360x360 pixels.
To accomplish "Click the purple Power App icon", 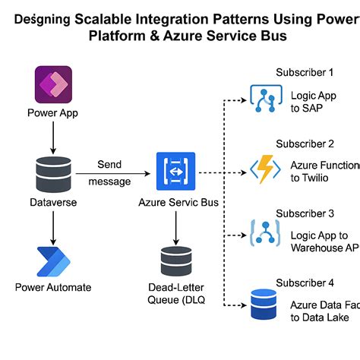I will (53, 84).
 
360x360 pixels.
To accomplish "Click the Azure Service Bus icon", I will (175, 172).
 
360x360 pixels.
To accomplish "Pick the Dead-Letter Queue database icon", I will (175, 261).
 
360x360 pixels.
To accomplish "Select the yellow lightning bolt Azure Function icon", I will (265, 169).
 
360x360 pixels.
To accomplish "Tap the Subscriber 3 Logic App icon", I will (265, 232).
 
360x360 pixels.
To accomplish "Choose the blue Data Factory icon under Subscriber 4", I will (265, 303).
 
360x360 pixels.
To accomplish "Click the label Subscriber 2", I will (305, 144).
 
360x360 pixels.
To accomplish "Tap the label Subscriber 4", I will (305, 283).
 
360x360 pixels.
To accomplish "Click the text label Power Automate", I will (53, 287).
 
